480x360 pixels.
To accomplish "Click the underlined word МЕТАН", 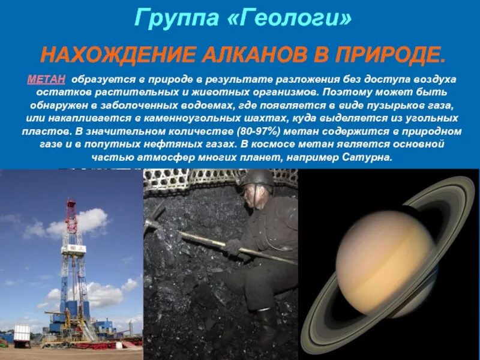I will tap(46, 80).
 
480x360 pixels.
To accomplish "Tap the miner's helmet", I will tap(258, 179).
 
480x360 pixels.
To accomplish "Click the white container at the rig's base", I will tap(22, 333).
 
